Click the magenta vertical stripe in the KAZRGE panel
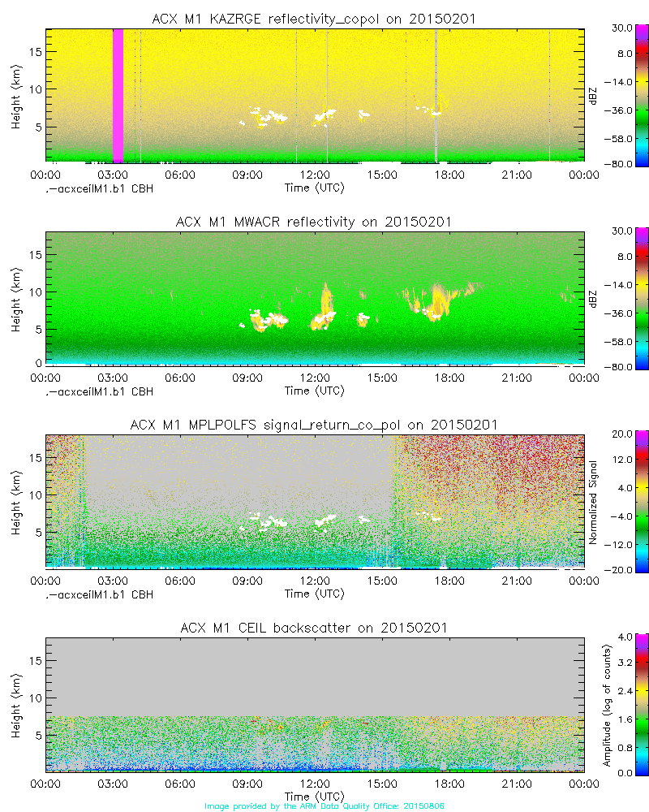pyautogui.click(x=118, y=96)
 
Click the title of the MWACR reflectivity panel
pyautogui.click(x=314, y=222)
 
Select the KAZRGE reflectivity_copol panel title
pyautogui.click(x=314, y=19)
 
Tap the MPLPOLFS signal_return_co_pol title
pyautogui.click(x=314, y=425)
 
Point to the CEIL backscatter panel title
pyautogui.click(x=314, y=628)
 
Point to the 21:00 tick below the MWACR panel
pyautogui.click(x=517, y=377)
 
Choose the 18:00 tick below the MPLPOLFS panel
pyautogui.click(x=449, y=580)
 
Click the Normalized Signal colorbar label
pyautogui.click(x=593, y=502)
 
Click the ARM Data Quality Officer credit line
pyautogui.click(x=324, y=806)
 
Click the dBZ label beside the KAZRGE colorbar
pyautogui.click(x=593, y=96)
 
